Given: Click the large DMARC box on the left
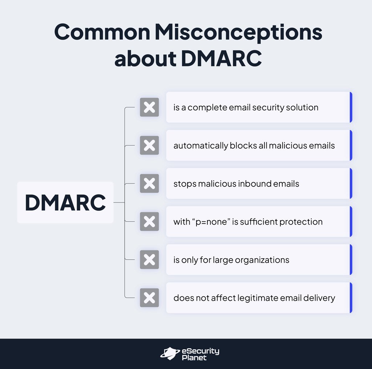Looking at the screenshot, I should click(65, 202).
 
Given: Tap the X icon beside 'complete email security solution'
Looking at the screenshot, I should click(149, 107).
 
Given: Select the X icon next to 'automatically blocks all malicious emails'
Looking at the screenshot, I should click(149, 145).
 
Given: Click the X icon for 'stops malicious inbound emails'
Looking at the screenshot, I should click(149, 184).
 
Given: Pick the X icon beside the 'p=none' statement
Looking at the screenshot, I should click(149, 222).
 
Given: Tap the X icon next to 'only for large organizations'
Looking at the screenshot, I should click(149, 260).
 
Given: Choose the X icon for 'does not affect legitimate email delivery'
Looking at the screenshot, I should click(149, 298).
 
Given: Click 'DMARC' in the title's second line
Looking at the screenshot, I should click(221, 58).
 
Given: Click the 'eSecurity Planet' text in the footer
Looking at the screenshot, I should click(200, 354).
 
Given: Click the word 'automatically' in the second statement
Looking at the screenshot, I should click(201, 146).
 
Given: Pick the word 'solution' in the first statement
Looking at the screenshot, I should click(303, 108).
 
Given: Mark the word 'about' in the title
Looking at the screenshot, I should click(145, 58).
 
